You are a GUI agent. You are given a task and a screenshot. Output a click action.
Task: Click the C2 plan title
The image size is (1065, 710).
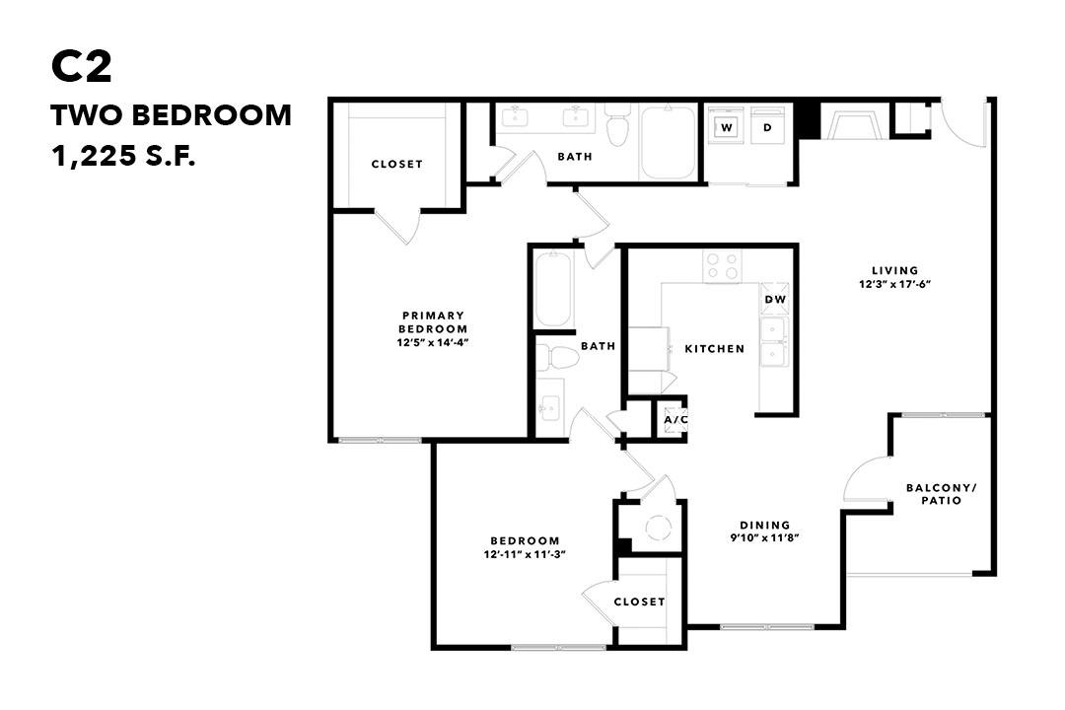tap(82, 67)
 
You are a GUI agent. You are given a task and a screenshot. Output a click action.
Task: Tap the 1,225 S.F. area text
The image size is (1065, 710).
tap(123, 157)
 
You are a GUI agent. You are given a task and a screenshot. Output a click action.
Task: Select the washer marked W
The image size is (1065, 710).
tap(727, 127)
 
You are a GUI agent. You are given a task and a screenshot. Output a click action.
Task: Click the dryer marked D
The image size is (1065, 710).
tap(767, 127)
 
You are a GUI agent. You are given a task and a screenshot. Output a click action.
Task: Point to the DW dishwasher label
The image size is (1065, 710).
tap(775, 299)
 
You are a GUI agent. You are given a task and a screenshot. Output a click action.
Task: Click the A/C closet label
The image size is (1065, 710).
tap(675, 420)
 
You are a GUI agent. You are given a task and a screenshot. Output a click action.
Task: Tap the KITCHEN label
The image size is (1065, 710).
tap(715, 348)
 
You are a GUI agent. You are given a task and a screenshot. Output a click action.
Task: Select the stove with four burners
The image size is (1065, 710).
tap(722, 265)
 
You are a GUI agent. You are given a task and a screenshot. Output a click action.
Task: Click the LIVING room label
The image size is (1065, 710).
tap(894, 270)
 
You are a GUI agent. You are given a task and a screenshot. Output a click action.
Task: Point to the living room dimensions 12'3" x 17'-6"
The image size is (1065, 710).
tap(894, 284)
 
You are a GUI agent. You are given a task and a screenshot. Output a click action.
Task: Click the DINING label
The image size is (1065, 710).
tap(765, 525)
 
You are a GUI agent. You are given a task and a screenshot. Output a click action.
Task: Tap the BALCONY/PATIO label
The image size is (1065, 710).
tap(942, 494)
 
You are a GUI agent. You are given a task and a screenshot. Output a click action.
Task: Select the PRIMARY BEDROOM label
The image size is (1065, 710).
tap(433, 322)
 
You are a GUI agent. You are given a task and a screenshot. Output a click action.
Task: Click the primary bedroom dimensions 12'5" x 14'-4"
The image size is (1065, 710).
tap(433, 342)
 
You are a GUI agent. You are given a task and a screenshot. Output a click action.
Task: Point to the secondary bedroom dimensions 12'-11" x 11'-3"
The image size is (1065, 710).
tap(525, 554)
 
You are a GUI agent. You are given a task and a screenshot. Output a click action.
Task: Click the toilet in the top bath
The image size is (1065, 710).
tap(617, 125)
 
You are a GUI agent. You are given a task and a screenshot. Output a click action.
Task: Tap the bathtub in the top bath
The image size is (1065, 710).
tap(669, 142)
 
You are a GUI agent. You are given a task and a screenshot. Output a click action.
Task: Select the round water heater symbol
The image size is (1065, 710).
tap(658, 528)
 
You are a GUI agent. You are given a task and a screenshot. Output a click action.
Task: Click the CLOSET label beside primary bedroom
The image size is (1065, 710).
tap(396, 164)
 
